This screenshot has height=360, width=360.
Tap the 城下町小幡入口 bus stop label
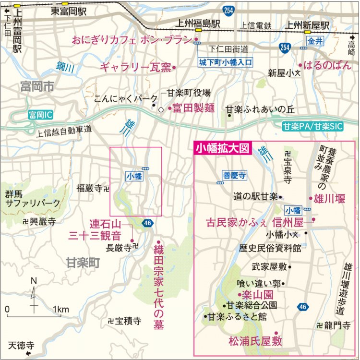coord(226,62)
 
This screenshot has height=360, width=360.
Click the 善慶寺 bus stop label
coord(235,176)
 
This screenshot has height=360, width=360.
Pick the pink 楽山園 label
coord(255,294)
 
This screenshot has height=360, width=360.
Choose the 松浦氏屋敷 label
coord(255,342)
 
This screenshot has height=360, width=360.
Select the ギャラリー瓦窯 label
coord(135,67)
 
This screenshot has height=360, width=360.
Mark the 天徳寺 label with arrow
coord(24,346)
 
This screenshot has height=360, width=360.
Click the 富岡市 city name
coord(37,87)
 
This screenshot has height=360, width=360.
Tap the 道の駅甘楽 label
coord(255,196)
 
